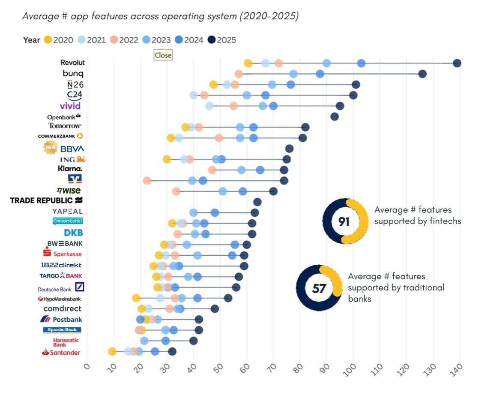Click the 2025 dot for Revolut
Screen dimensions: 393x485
pos(457,63)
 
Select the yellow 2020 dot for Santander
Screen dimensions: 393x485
pos(112,352)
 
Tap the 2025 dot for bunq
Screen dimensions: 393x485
pos(422,74)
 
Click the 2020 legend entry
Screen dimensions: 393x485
pos(58,40)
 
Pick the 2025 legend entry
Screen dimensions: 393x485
pos(222,40)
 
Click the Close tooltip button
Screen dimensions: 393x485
pos(163,55)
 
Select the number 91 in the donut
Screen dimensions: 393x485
pos(344,221)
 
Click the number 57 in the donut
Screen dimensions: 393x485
pos(319,288)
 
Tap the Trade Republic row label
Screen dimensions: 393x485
pos(46,200)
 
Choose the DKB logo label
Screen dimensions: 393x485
pos(73,233)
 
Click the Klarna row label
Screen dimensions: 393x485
pos(70,169)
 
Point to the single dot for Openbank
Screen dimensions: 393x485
pos(335,117)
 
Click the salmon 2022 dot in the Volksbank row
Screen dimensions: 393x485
pos(147,181)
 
